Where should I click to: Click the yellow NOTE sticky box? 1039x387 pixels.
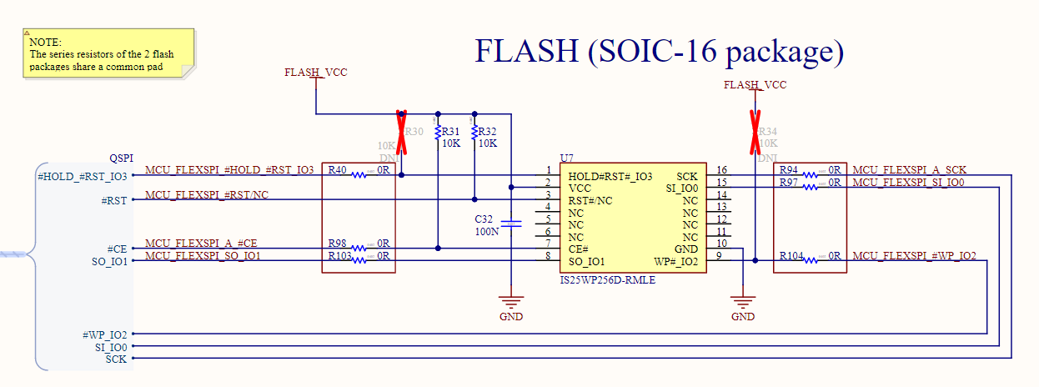pyautogui.click(x=108, y=53)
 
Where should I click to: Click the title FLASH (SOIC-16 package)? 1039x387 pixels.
pyautogui.click(x=659, y=51)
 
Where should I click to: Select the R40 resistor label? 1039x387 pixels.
pyautogui.click(x=338, y=170)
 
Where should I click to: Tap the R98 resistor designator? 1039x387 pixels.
pyautogui.click(x=338, y=244)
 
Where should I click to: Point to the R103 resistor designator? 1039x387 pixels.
pyautogui.click(x=340, y=256)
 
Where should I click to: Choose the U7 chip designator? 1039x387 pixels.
pyautogui.click(x=567, y=158)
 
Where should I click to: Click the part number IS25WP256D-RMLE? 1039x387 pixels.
pyautogui.click(x=608, y=280)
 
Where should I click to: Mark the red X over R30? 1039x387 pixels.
pyautogui.click(x=401, y=132)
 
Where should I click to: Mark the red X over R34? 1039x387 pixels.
pyautogui.click(x=755, y=132)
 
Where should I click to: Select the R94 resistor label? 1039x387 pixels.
pyautogui.click(x=789, y=170)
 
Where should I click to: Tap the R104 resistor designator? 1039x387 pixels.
pyautogui.click(x=791, y=256)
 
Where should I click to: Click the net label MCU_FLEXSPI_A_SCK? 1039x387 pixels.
pyautogui.click(x=909, y=170)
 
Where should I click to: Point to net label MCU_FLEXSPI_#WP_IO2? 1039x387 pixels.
pyautogui.click(x=914, y=256)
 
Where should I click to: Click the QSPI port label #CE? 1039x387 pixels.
pyautogui.click(x=118, y=249)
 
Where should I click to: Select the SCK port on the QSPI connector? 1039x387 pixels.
pyautogui.click(x=117, y=359)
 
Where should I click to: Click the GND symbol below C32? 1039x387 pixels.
pyautogui.click(x=510, y=305)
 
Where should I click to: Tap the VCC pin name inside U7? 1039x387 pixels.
pyautogui.click(x=580, y=188)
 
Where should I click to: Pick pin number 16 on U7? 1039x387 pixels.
pyautogui.click(x=721, y=170)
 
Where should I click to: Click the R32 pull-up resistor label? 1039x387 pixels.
pyautogui.click(x=488, y=132)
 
